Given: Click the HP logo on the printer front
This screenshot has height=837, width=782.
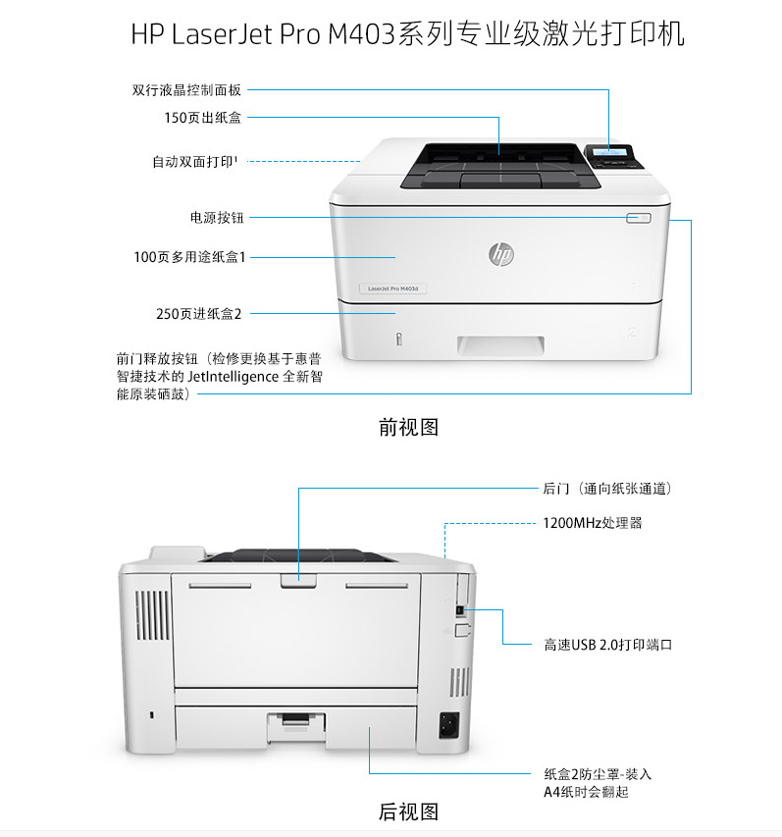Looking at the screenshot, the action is point(500,253).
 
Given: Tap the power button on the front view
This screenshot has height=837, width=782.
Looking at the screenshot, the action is point(639,218).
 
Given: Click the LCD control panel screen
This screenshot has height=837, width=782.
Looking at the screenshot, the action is point(609,152).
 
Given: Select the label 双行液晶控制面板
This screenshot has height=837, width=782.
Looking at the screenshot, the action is point(186,89).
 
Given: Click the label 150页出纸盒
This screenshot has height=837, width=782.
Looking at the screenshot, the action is point(203,118).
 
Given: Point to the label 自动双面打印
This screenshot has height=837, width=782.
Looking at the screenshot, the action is point(193,161).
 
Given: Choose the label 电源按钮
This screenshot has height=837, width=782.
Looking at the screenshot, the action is point(217,217).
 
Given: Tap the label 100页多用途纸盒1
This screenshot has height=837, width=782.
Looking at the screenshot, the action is point(189,257).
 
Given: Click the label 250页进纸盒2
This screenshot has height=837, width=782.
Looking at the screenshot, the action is point(198,313).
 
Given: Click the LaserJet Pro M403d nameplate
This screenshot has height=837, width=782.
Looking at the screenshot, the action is point(392,288).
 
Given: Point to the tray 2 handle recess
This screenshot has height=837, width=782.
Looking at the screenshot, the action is point(500,345).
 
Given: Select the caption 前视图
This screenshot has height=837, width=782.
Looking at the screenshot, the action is point(408,427).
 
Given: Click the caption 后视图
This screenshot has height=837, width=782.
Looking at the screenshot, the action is point(408,811).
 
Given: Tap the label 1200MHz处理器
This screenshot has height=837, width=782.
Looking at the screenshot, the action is point(593,523).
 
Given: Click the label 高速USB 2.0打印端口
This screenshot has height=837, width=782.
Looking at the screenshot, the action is point(608,645).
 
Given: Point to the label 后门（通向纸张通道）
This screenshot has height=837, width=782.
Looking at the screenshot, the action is point(607,489).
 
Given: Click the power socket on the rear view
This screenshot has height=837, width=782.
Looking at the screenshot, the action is point(448,725).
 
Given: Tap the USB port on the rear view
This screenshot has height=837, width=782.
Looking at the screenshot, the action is point(460,609).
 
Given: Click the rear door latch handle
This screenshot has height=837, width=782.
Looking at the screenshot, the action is point(298,580).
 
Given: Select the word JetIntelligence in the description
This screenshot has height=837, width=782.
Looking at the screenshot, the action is point(234,377).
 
